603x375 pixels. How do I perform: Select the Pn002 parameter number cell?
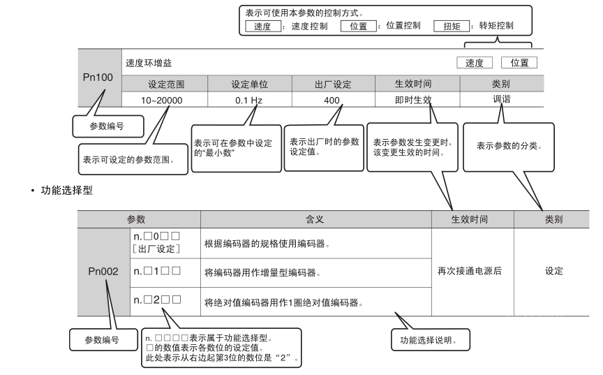(x=103, y=271)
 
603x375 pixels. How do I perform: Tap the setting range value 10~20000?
(x=162, y=100)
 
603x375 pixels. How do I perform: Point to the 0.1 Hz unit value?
(x=249, y=100)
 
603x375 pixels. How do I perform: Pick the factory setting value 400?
(x=332, y=100)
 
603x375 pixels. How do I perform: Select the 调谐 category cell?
(x=500, y=100)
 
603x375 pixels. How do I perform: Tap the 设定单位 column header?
(x=249, y=84)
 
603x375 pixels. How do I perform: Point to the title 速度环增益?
(x=148, y=63)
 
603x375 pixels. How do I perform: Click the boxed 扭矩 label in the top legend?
(x=452, y=26)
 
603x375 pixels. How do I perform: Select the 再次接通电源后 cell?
(x=474, y=271)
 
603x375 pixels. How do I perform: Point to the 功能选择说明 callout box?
(x=429, y=340)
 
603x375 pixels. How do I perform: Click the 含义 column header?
(x=315, y=219)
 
